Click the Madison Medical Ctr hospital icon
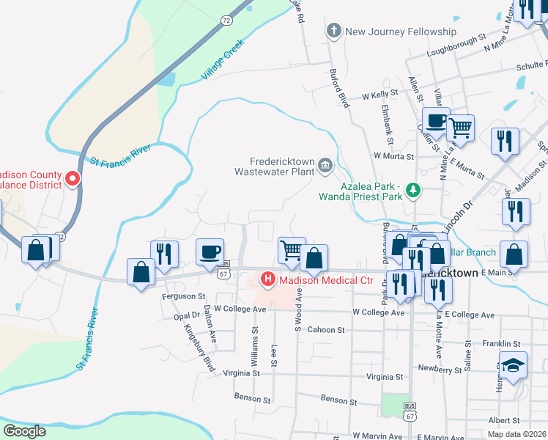coord(268,279)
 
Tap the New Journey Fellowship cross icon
coord(335,32)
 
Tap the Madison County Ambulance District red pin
coord(73,178)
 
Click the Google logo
coord(24,431)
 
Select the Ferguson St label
coord(183,296)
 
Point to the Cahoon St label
coord(325,331)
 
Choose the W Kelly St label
coord(380,95)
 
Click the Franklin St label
coord(501,343)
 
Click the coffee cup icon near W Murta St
coord(436,120)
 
